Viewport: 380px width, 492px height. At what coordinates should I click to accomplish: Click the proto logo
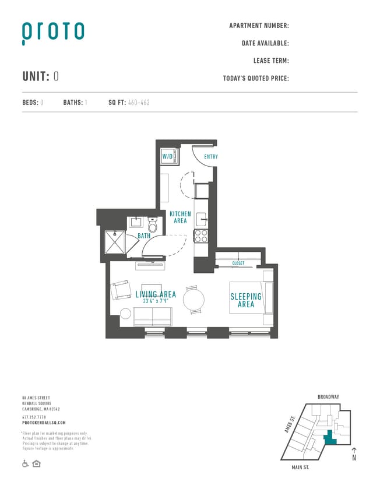tap(53, 33)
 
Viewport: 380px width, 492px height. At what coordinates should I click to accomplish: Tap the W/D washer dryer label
tap(167, 157)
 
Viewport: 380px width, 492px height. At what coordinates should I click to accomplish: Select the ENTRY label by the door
tap(210, 157)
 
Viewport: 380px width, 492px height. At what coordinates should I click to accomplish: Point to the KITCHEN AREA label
tap(180, 217)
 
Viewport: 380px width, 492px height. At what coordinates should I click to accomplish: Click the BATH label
tap(144, 236)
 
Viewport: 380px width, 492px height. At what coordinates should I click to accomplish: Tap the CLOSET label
tap(238, 263)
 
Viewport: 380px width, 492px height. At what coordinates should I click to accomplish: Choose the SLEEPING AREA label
tap(246, 300)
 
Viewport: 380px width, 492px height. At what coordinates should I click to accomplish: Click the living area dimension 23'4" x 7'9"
tap(156, 301)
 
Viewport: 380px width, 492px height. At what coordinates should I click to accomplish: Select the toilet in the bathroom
tap(153, 224)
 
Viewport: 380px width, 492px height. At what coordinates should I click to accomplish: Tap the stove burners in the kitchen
tap(201, 236)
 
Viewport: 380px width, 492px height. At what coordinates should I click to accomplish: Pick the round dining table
tap(193, 300)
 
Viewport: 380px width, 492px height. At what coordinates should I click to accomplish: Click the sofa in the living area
tap(153, 317)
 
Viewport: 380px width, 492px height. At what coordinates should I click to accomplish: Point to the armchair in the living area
tap(121, 290)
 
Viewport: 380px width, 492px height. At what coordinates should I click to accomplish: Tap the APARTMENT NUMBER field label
tap(259, 26)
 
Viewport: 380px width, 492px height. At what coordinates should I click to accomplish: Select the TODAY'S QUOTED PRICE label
tap(256, 79)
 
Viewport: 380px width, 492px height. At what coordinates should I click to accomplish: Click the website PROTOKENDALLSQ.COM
tap(44, 423)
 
